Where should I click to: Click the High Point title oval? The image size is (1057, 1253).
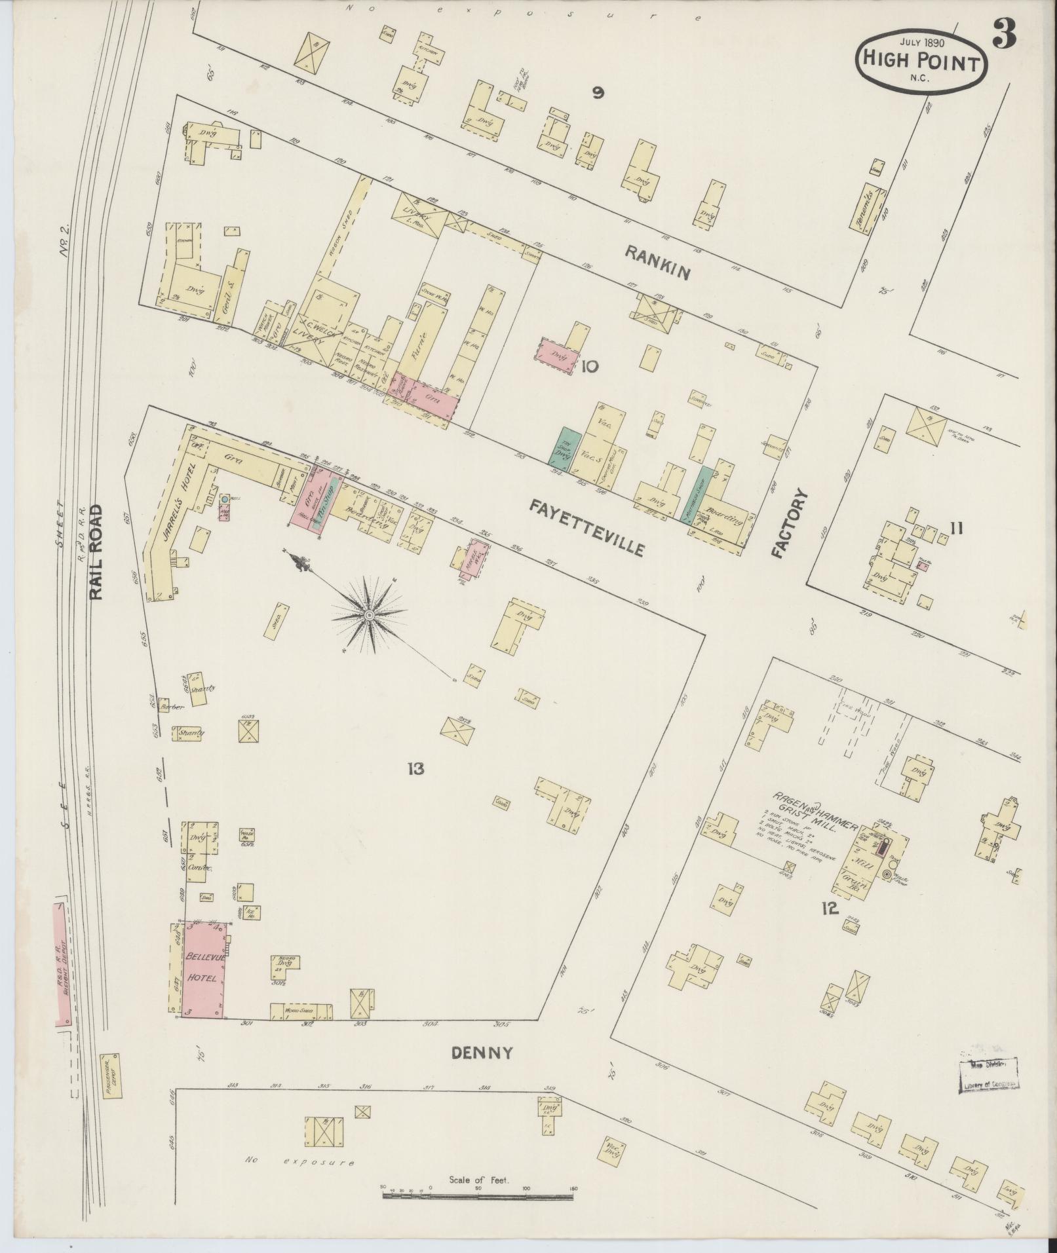click(921, 62)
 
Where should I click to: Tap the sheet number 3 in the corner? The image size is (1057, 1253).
click(1004, 34)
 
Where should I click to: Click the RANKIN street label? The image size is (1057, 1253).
click(657, 262)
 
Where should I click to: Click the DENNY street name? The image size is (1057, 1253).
click(482, 1053)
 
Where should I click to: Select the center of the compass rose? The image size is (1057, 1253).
click(369, 615)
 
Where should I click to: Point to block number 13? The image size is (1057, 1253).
click(415, 768)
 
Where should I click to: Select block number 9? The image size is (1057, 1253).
click(597, 94)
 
